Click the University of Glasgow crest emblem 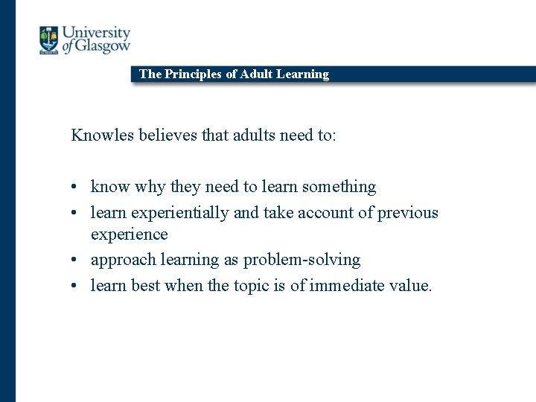[x=49, y=39]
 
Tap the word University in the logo [x=96, y=33]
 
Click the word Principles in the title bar [x=194, y=74]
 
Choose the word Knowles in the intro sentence [x=101, y=135]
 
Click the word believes [x=163, y=135]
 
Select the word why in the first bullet [x=150, y=187]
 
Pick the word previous [x=408, y=213]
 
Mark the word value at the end [x=410, y=286]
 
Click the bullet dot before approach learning [x=76, y=261]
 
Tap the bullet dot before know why [x=76, y=187]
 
